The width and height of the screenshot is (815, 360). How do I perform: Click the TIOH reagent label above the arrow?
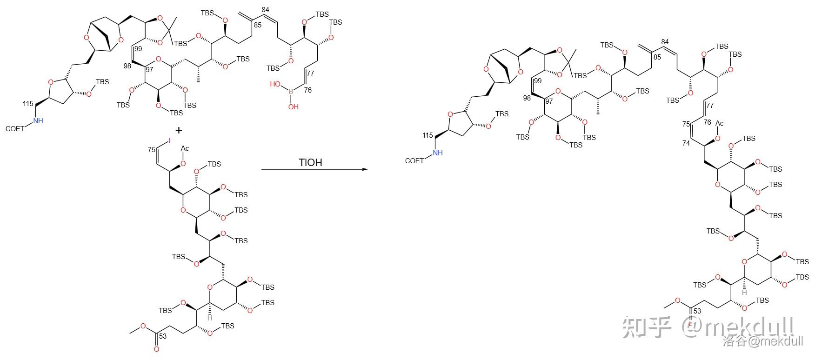(x=310, y=162)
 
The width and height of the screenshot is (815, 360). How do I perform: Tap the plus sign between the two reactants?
(x=179, y=131)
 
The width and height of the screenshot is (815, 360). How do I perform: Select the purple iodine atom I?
(x=170, y=140)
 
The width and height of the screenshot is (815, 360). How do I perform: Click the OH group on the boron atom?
(x=293, y=107)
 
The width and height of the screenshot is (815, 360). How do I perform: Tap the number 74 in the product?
(x=686, y=143)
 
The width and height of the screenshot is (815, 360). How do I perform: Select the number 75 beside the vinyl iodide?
(x=151, y=149)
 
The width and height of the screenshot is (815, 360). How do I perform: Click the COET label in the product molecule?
(x=414, y=161)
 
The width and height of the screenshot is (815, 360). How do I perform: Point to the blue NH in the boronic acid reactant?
(x=38, y=121)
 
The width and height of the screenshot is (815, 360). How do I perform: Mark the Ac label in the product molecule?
(x=719, y=123)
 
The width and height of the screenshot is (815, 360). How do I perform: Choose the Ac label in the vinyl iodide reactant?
(x=185, y=148)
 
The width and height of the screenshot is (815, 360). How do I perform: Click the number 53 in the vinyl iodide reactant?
(x=162, y=335)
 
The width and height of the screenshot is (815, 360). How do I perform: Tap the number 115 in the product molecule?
(x=428, y=135)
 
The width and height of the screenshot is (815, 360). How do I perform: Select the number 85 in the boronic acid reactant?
(x=258, y=25)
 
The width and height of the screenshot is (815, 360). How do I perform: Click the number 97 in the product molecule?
(x=549, y=101)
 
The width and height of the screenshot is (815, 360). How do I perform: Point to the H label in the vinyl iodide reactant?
(x=210, y=318)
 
